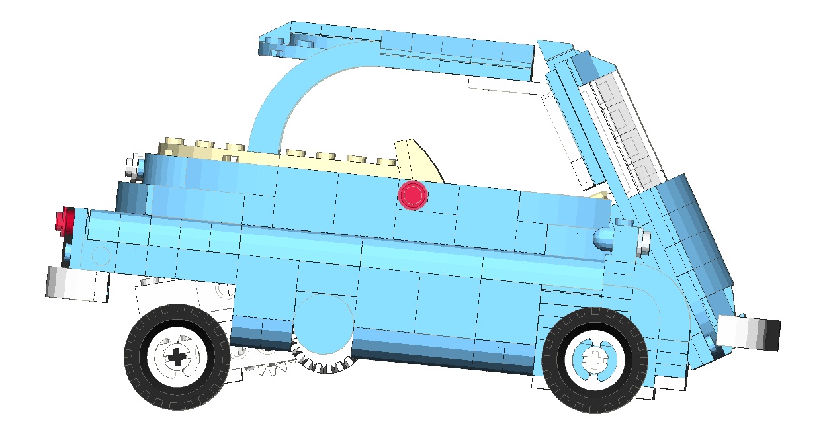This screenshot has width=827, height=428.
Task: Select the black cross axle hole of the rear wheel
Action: (177, 358)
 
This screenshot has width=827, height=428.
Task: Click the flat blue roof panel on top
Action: (410, 46)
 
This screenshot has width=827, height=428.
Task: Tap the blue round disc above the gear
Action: (323, 327)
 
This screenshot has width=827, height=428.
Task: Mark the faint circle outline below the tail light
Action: (101, 256)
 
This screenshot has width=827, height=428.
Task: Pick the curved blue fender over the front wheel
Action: (668, 311)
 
